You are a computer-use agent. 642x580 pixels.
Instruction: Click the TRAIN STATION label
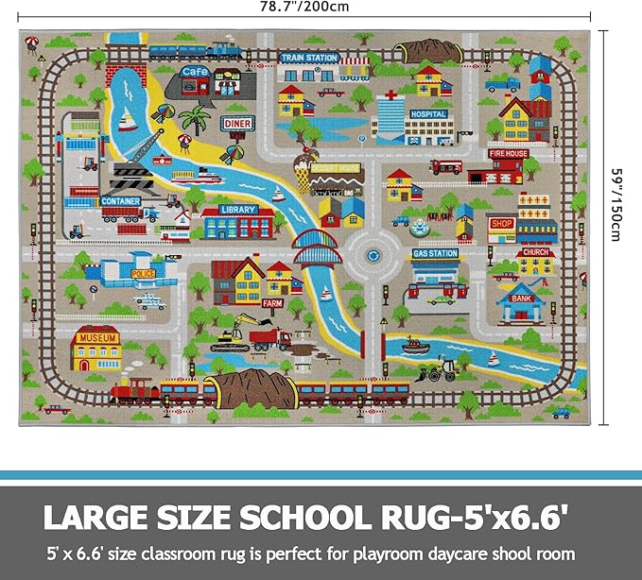(309, 58)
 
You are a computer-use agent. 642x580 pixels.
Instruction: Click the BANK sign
(521, 299)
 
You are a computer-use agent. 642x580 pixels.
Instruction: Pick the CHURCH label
(535, 252)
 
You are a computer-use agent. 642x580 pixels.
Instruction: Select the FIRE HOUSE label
(509, 153)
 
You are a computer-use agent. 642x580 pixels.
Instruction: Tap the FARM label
(272, 303)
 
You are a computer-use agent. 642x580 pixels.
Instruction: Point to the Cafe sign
(196, 71)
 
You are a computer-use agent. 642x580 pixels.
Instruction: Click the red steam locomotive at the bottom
(134, 388)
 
